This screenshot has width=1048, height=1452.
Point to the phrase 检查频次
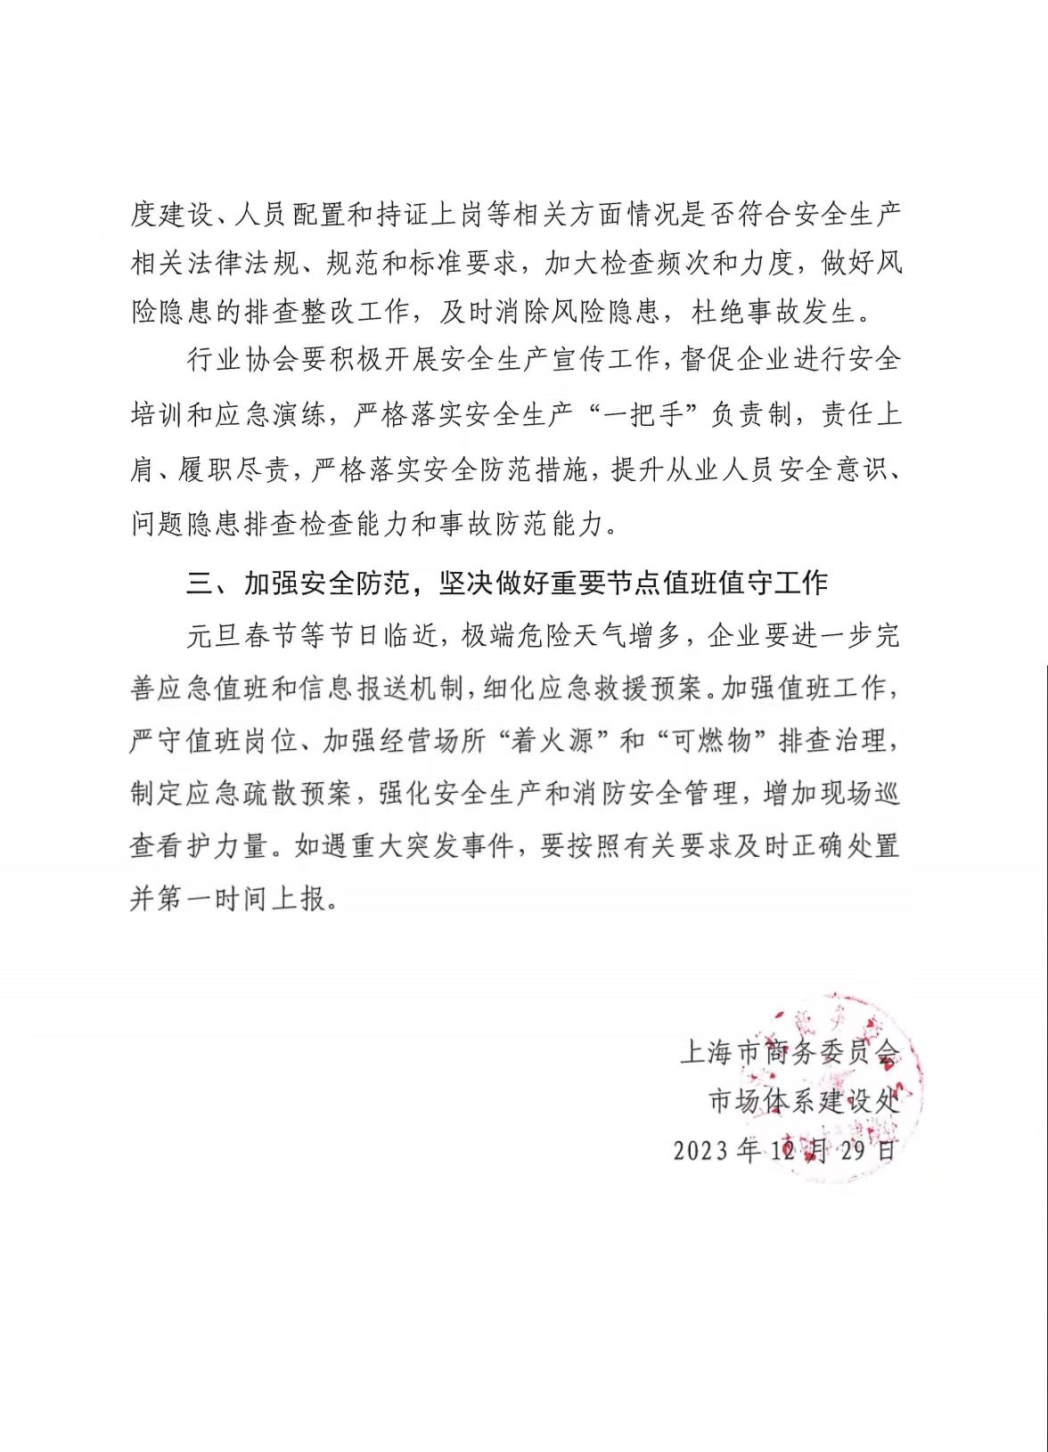pos(678,264)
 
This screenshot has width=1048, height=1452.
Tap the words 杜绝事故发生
pos(774,313)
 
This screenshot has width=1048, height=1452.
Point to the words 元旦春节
pos(241,636)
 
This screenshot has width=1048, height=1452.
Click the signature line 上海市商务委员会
pos(790,1052)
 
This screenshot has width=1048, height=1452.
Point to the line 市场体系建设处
pos(803,1101)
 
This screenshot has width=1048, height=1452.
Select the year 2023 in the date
pos(702,1150)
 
